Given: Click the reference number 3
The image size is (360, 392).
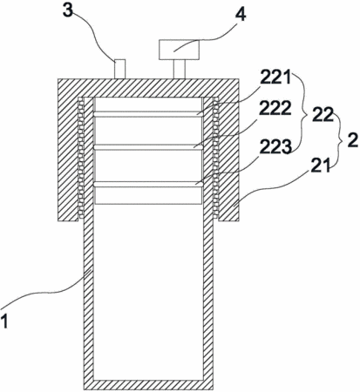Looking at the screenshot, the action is point(68,10).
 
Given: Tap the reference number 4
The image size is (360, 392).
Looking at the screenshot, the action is point(240,14).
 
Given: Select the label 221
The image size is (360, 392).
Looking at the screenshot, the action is point(275,77).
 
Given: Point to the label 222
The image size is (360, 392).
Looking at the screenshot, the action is point(275,109).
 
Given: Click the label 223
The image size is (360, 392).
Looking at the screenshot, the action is point(275,147).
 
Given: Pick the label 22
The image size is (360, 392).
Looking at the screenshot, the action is point(323,116).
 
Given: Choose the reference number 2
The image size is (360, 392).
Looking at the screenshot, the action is point(352,141).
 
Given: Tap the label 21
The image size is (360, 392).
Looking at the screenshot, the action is point(321,166).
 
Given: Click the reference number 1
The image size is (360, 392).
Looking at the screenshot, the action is point(4,321).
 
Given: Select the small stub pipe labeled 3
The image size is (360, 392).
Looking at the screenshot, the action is point(120,69).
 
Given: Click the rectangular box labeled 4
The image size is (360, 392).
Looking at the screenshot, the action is point(179,50).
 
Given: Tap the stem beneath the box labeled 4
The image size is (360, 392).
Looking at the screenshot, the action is point(180,70).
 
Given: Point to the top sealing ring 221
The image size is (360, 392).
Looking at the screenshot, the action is point(148,114).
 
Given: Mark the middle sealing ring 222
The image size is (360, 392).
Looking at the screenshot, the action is point(148,147).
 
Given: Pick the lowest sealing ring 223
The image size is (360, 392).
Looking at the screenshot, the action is point(148,184).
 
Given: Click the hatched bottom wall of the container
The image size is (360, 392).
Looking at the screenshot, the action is point(148,384).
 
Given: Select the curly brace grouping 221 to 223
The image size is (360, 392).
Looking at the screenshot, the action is point(303,112).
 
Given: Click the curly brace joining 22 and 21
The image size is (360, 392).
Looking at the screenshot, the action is point(339,139).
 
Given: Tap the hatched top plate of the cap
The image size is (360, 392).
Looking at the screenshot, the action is point(148,88).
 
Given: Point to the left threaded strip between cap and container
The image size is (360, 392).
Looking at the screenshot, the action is point(81,158).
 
